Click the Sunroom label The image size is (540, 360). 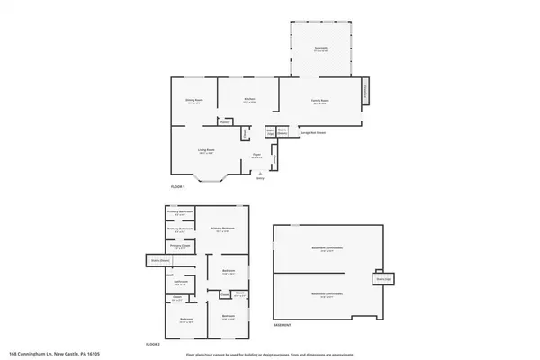click(x=320, y=48)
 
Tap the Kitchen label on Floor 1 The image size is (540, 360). click(x=249, y=100)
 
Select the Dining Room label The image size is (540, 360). click(x=193, y=101)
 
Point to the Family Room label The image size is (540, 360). click(x=320, y=102)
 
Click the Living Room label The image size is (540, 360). click(x=208, y=152)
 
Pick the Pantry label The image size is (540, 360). click(x=238, y=121)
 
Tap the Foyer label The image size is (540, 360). click(x=256, y=157)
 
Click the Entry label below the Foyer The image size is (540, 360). click(x=261, y=179)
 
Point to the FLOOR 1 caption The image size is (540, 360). click(x=177, y=186)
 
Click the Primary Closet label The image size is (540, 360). click(x=179, y=245)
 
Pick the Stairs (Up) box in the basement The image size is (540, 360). click(x=382, y=279)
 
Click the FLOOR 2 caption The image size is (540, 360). click(x=152, y=344)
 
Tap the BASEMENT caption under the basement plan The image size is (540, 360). click(x=283, y=324)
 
